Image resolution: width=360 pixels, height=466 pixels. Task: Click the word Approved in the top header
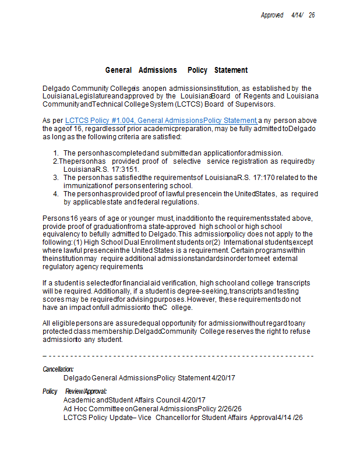click(272, 15)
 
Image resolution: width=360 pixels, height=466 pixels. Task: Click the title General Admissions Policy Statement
click(177, 70)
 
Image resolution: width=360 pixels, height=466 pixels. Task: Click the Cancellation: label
click(58, 369)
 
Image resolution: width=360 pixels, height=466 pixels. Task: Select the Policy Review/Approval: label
click(75, 391)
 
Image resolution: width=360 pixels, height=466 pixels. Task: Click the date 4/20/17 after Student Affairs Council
click(193, 400)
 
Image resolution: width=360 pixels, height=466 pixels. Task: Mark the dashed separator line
click(178, 356)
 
